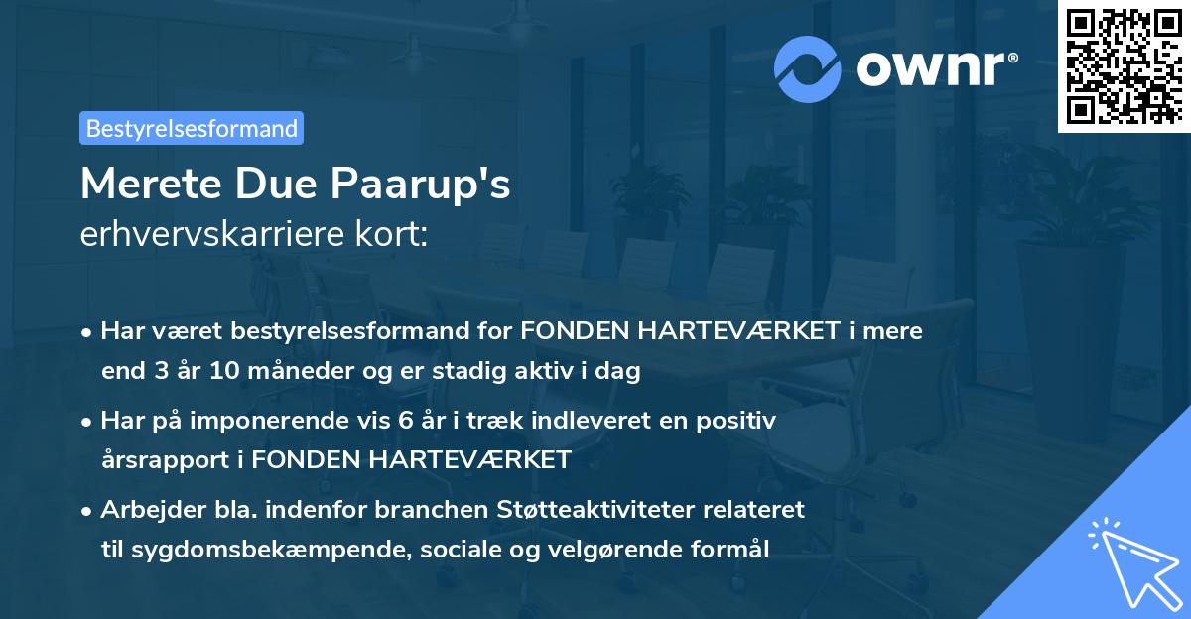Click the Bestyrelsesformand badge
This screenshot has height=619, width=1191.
pyautogui.click(x=192, y=128)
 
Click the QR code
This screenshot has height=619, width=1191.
pyautogui.click(x=1124, y=65)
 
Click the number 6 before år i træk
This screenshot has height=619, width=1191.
pyautogui.click(x=404, y=420)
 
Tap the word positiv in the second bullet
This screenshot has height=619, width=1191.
pyautogui.click(x=740, y=420)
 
